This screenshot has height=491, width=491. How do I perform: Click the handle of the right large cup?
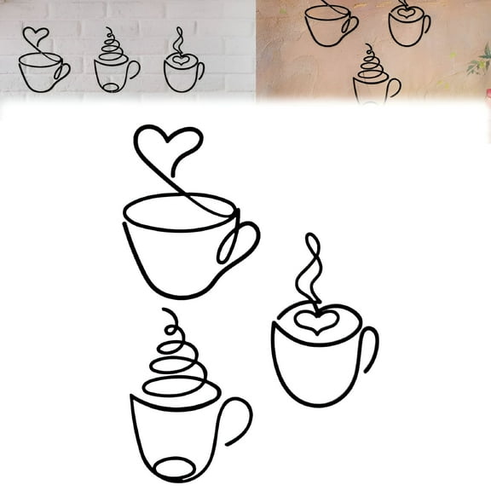369,349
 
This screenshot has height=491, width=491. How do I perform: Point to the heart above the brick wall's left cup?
35,37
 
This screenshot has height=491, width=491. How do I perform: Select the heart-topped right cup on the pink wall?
408,26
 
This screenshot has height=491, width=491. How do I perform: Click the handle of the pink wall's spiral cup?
394,87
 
